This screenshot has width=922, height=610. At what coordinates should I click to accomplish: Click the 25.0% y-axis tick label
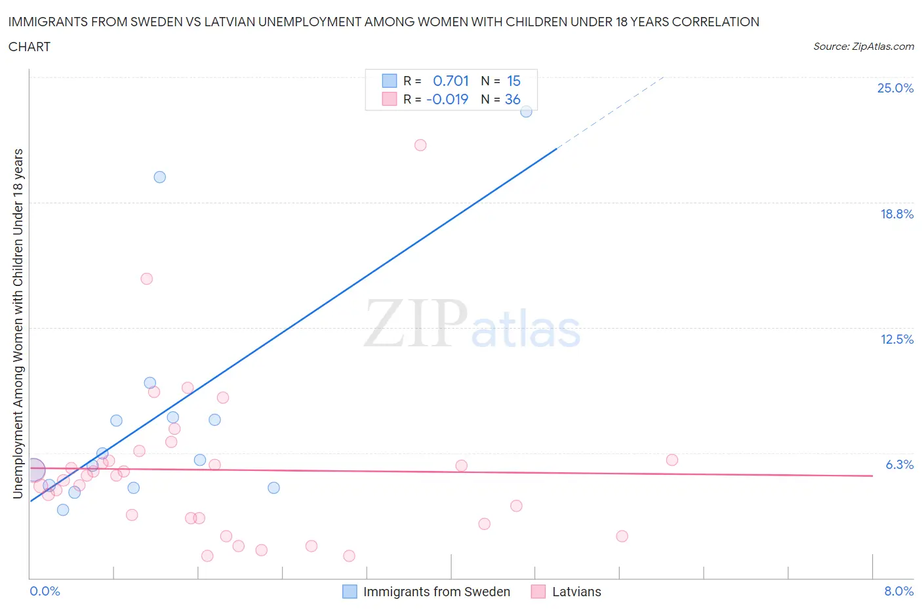coord(895,88)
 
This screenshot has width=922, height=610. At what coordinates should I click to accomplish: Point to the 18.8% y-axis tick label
coord(896,214)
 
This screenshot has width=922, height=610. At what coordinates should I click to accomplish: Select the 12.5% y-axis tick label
coord(896,339)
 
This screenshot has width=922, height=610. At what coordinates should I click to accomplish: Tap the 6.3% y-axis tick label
coord(899,464)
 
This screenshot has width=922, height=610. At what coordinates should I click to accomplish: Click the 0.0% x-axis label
coord(45,591)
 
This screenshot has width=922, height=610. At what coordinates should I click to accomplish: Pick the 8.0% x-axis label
coord(898,591)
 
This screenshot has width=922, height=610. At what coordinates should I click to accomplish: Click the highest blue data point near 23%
coord(526,112)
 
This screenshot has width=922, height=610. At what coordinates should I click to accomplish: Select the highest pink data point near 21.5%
coord(420,145)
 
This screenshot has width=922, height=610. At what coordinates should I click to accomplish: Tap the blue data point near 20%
coord(159,177)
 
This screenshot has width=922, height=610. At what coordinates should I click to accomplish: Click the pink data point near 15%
coord(147,279)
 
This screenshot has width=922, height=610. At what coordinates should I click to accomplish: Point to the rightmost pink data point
coord(671,460)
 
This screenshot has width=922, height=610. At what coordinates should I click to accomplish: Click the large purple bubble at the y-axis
coord(33,470)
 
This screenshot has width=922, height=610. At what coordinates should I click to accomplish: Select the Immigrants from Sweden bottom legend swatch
coord(350,592)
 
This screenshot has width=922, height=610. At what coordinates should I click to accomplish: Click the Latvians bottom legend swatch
coord(538,592)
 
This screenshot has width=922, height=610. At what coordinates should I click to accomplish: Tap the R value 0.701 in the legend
coord(451,81)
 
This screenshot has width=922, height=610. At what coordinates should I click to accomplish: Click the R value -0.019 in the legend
coord(447,99)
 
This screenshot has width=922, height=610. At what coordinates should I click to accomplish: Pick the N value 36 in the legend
coord(512,99)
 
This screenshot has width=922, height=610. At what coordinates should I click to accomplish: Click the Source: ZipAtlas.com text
coord(863,46)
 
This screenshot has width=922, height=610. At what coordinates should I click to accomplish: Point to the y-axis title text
coord(18,323)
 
